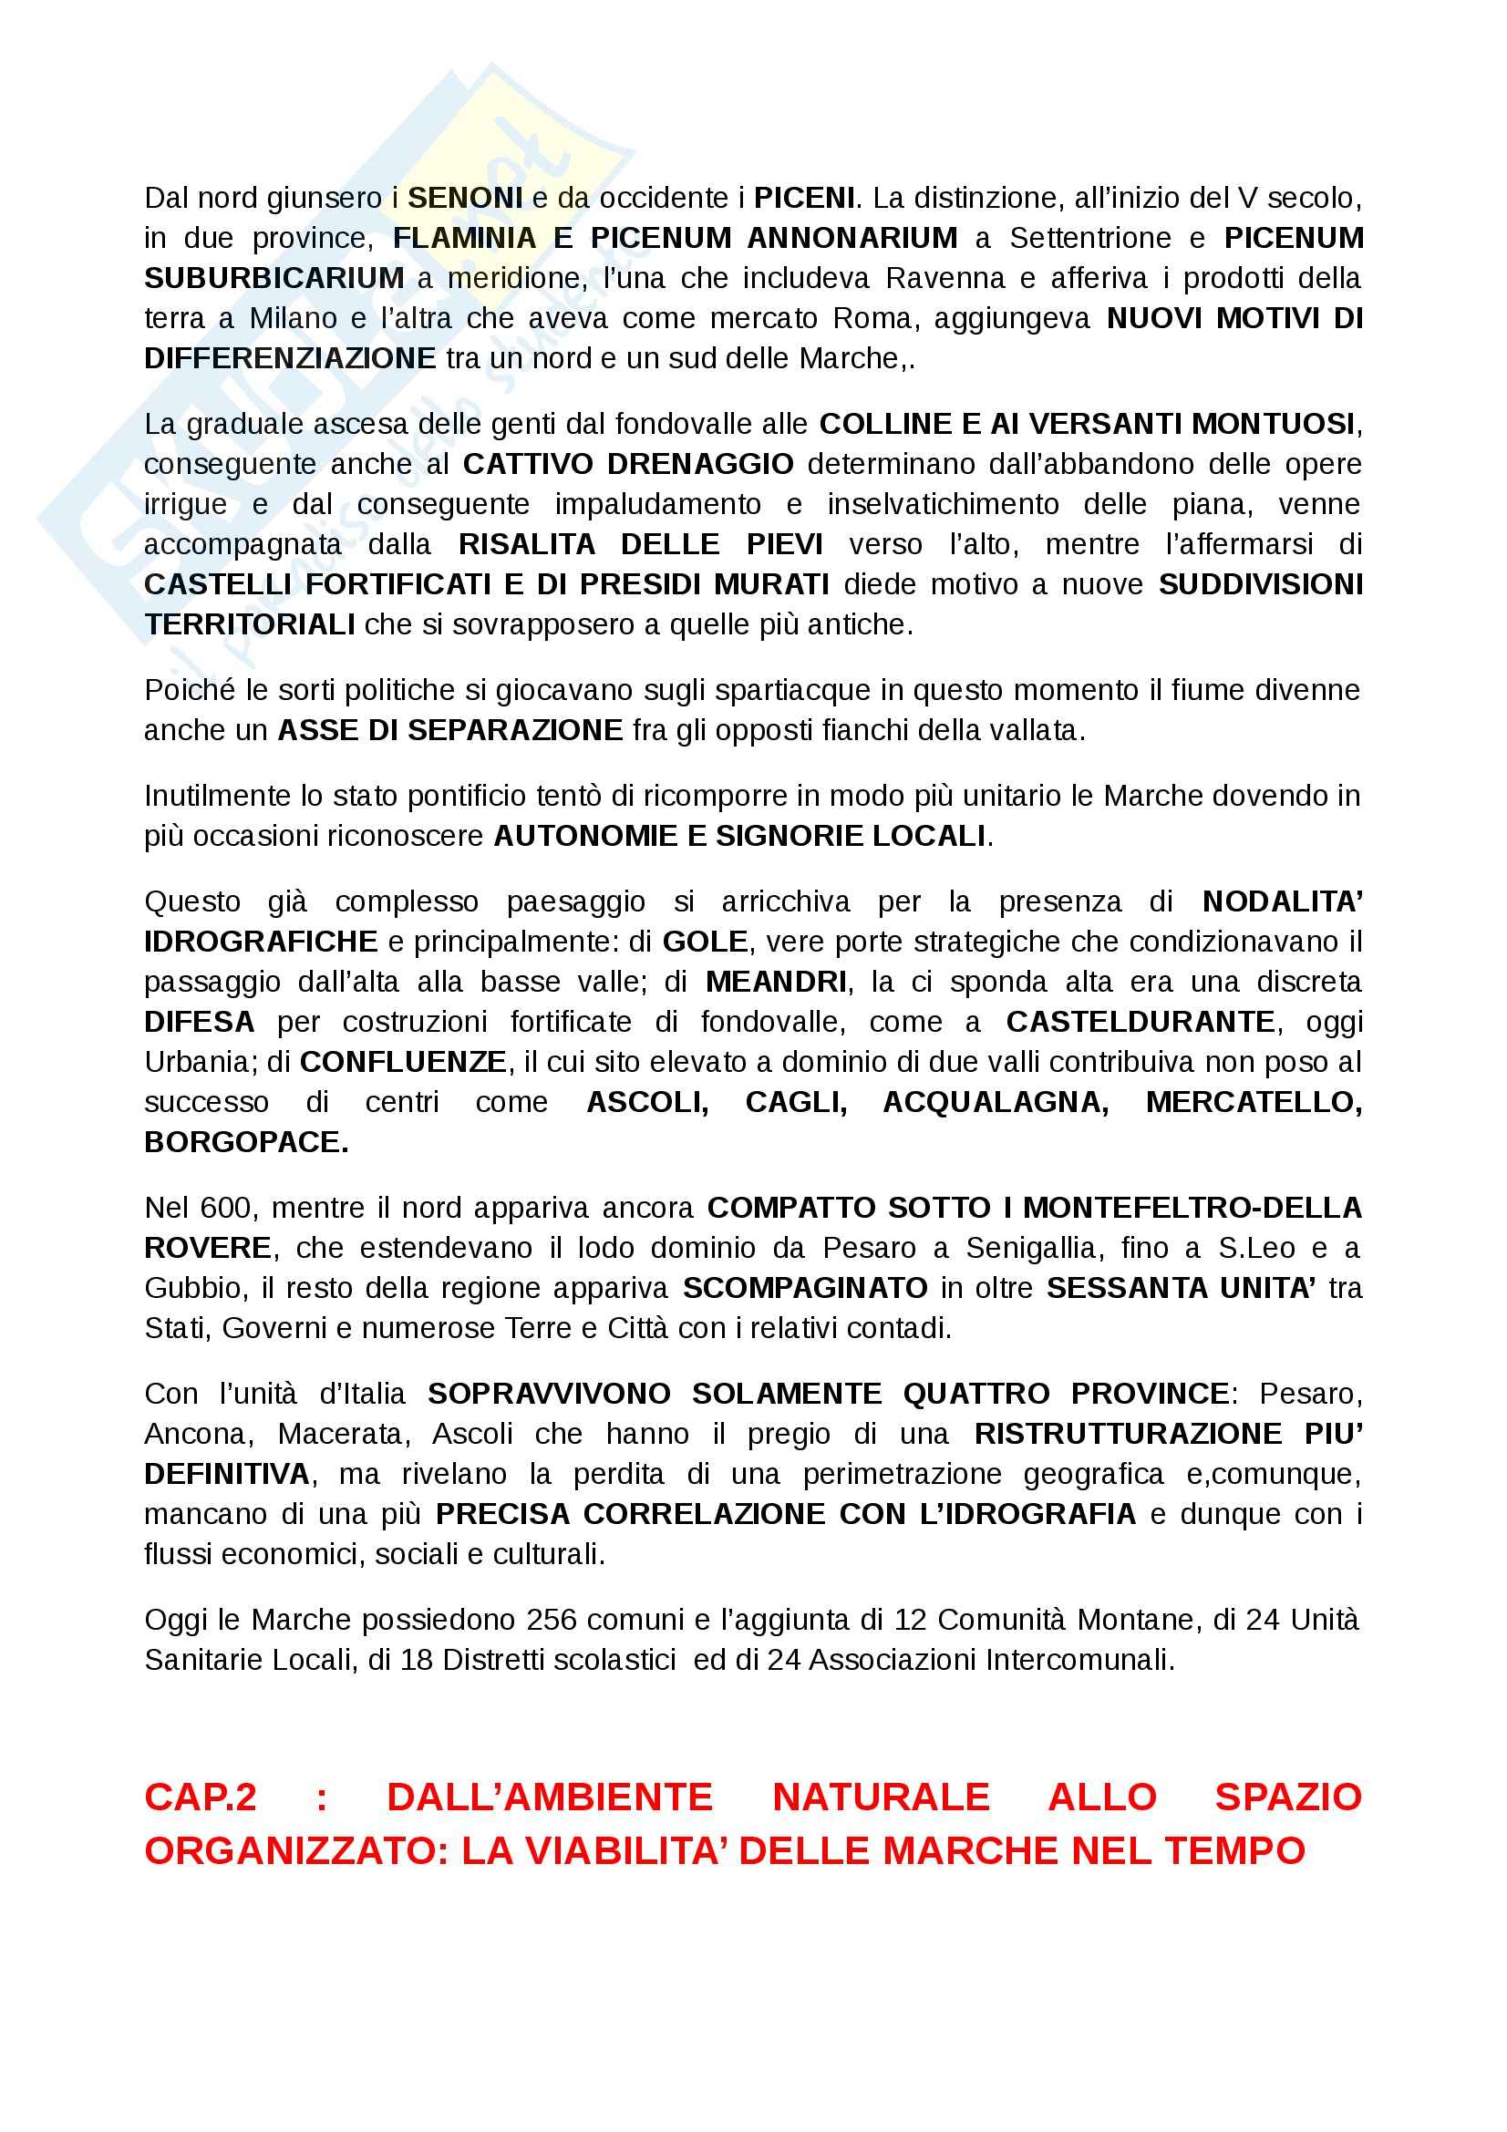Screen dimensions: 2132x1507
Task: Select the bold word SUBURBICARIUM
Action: click(x=274, y=278)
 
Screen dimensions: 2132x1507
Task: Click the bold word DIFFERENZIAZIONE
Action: click(x=290, y=358)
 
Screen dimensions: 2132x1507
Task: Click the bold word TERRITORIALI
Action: click(x=249, y=624)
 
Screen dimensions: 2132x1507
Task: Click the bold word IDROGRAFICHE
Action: click(x=261, y=942)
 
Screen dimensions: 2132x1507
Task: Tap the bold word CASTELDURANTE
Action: click(x=1140, y=1022)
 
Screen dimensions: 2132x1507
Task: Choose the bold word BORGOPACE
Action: click(x=246, y=1142)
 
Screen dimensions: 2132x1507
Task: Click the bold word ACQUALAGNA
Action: click(x=995, y=1102)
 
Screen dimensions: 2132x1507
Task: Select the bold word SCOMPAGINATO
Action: click(x=804, y=1288)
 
